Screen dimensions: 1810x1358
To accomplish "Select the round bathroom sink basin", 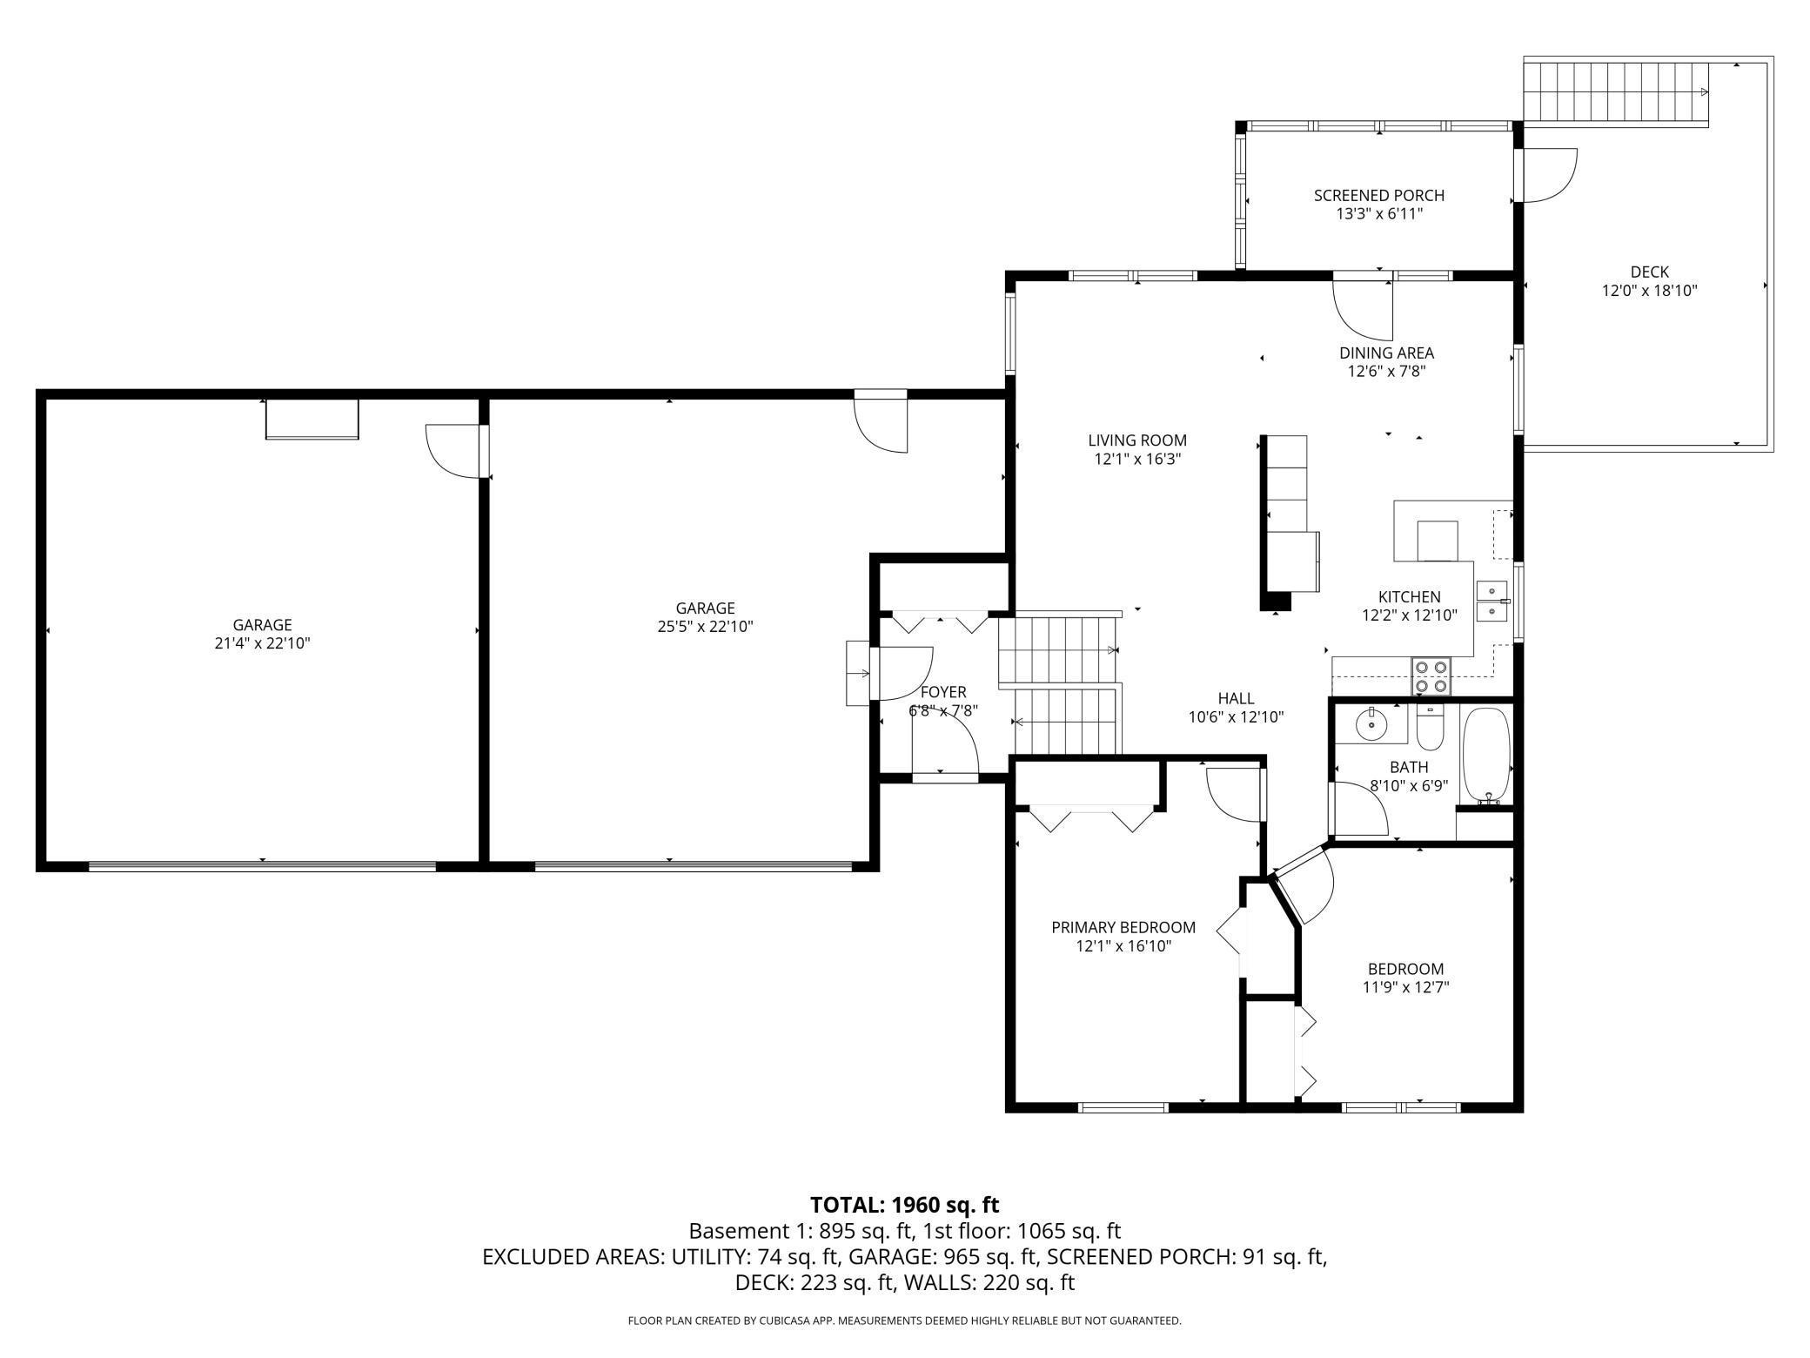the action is pos(1371,723).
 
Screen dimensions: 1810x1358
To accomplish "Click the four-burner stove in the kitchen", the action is pos(1431,676).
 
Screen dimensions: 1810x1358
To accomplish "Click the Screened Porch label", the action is pos(1379,195).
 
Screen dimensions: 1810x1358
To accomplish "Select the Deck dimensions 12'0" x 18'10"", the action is pos(1650,291).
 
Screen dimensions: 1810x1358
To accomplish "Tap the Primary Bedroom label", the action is pos(1123,927).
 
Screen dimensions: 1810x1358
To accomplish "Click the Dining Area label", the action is pos(1386,353).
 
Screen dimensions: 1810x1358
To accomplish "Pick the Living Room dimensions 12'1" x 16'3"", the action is pos(1137,459).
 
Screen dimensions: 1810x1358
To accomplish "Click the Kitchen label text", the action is pos(1410,596).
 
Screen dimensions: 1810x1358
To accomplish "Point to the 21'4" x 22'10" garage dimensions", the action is pos(262,643).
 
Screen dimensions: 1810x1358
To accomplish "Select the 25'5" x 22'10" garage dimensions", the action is pos(705,626).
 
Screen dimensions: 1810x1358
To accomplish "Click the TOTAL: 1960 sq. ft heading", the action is pos(905,1205).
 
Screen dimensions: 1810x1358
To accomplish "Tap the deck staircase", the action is pos(1616,92).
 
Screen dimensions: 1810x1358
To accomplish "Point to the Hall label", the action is pos(1236,698).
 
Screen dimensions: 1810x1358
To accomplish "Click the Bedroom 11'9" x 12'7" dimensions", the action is pos(1405,987).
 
